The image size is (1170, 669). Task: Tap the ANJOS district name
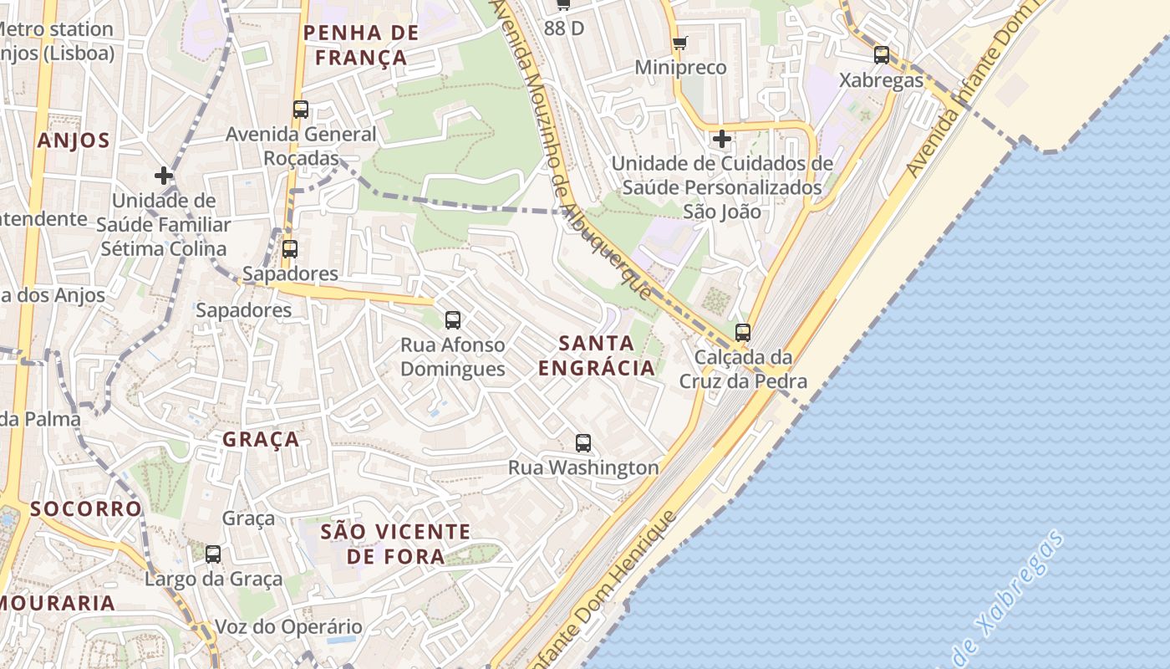coord(74,140)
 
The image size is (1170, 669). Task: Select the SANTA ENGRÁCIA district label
coord(596,355)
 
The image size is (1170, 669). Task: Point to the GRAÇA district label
coord(262,439)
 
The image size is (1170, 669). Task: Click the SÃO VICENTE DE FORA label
coord(396,544)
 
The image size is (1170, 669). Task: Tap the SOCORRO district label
coord(86,508)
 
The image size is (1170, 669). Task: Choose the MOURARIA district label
coord(57,603)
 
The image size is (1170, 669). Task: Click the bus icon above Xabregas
coord(882,55)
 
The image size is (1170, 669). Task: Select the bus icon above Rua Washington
coord(583,443)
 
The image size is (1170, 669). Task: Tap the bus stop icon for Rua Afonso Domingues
coord(453,319)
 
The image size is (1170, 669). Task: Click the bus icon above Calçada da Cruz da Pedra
coord(743,332)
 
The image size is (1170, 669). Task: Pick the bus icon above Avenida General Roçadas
coord(301,109)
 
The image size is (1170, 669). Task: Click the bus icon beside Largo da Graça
coord(213,554)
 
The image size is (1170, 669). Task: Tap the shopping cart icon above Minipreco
coord(680,43)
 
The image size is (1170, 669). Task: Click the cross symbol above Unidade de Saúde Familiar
coord(164,176)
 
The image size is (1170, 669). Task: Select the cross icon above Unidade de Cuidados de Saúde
coord(722,138)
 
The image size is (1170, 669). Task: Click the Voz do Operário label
coord(288,626)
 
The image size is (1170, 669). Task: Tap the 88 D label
coord(564,28)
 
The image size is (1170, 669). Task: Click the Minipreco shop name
coord(680,67)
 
